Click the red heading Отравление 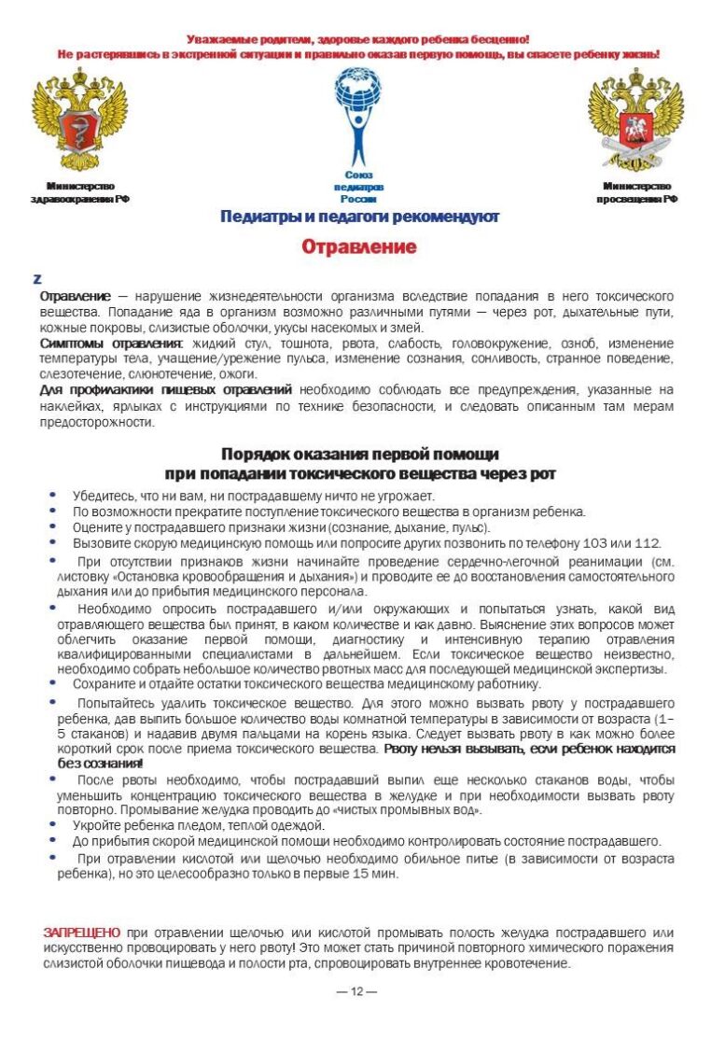tap(358, 247)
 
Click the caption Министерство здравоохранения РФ tap(79, 192)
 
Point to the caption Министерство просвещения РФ tap(637, 192)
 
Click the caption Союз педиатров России tap(358, 187)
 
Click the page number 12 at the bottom tap(355, 991)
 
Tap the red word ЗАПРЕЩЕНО tap(81, 933)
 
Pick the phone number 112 tap(646, 543)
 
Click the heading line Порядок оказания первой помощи tap(359, 455)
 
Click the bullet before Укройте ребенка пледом tap(52, 825)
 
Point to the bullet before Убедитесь tap(52, 495)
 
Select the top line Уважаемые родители tap(358, 39)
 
